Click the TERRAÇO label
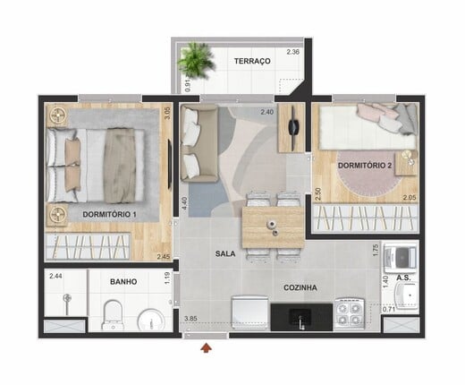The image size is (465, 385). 252,61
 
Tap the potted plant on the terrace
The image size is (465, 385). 196,61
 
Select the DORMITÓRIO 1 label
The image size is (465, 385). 109,214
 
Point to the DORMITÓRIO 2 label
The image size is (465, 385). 365,166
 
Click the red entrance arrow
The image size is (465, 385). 206,348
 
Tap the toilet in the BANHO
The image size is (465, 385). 112,314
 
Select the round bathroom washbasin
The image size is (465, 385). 151,320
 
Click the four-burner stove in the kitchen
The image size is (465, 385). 350,313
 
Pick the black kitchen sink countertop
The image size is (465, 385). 301,317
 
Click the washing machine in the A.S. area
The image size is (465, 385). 400,258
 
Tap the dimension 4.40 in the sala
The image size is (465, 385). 184,203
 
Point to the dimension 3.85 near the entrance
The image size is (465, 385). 190,319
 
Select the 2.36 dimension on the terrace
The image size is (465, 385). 293,52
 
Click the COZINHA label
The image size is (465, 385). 300,288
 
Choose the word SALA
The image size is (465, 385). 225,254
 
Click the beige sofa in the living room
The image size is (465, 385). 199,145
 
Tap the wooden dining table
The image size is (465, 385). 273,227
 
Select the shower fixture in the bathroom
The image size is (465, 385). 67,302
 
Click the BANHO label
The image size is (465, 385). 123,282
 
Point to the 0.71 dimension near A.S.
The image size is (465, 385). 389,310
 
